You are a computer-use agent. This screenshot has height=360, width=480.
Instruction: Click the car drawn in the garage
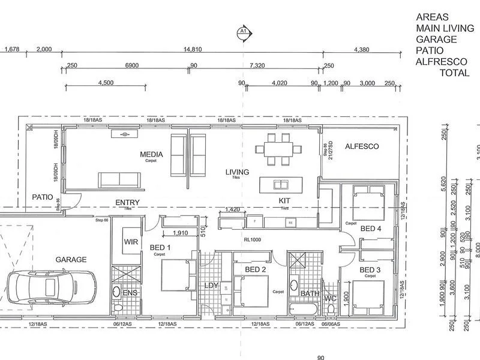point(51,287)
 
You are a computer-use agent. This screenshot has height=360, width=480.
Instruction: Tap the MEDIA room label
point(151,155)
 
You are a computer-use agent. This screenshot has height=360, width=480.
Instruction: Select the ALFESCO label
point(362,146)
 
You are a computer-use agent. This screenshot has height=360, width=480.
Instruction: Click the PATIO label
point(42,197)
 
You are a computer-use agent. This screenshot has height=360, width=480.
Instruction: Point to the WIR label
point(131,241)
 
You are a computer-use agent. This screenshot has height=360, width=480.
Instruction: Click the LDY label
point(211,286)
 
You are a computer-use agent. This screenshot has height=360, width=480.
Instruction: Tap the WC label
point(330,298)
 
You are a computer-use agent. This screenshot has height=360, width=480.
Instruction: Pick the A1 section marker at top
point(243,31)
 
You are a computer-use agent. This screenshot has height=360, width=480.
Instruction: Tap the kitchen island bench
point(280,184)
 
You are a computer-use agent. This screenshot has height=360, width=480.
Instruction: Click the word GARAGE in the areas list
point(436,40)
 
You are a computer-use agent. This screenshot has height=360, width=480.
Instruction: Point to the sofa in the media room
point(121,179)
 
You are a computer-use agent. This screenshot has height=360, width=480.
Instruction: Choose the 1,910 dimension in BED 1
point(178,233)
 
